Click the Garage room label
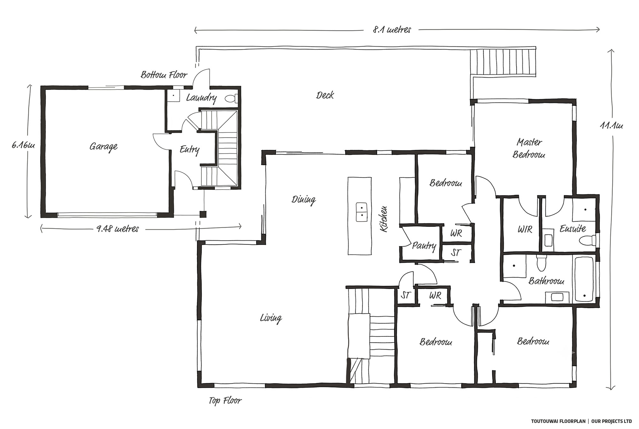(104, 147)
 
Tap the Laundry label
(201, 98)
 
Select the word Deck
(325, 95)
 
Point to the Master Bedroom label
(529, 148)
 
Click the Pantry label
(424, 246)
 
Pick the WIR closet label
(525, 229)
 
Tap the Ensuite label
(573, 229)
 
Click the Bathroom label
(546, 281)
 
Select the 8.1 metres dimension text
(392, 30)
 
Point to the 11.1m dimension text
(611, 126)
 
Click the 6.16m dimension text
(23, 146)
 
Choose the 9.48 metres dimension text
(118, 229)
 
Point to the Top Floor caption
(225, 401)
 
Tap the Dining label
(304, 200)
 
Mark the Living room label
(271, 318)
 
